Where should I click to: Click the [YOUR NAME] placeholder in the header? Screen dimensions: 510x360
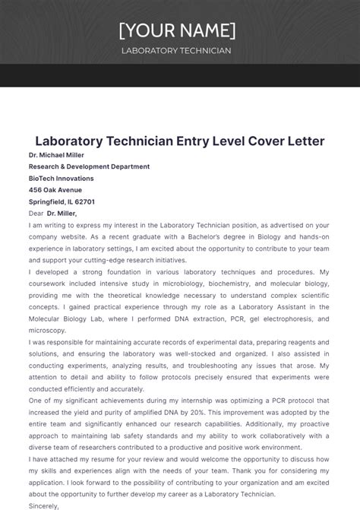[177, 30]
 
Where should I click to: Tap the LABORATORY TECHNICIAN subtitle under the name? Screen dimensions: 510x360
[176, 51]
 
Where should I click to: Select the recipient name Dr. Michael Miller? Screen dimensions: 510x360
[56, 155]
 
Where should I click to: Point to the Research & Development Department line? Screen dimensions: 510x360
[89, 166]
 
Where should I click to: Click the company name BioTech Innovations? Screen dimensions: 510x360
[62, 179]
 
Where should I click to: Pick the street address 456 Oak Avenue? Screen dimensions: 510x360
[55, 190]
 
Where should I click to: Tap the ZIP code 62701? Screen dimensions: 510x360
[85, 202]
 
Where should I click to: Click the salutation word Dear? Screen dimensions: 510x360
[36, 214]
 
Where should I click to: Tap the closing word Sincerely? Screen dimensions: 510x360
[44, 504]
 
